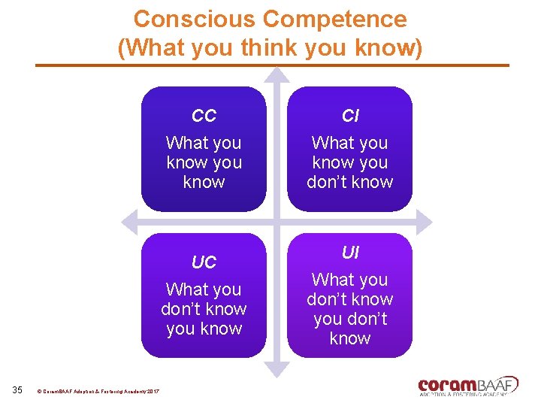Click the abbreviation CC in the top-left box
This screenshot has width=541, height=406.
point(204,117)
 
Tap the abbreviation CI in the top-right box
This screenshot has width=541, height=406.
point(350,117)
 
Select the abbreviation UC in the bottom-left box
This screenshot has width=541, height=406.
point(204,263)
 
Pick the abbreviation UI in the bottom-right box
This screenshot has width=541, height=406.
point(350,253)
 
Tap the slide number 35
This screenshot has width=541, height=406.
point(18,389)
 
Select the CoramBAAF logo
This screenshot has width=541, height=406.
point(468,385)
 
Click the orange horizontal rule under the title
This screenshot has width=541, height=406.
point(270,65)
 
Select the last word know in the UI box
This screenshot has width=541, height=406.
point(350,338)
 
